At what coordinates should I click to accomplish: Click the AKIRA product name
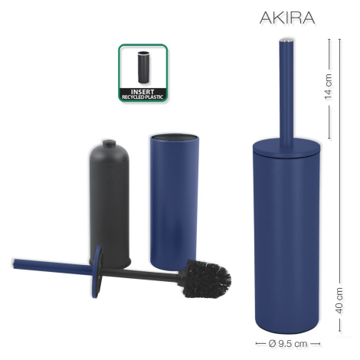pyautogui.click(x=287, y=18)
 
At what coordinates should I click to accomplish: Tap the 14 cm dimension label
pyautogui.click(x=329, y=87)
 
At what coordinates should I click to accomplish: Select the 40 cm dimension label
pyautogui.click(x=339, y=300)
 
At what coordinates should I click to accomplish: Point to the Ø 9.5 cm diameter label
pyautogui.click(x=288, y=343)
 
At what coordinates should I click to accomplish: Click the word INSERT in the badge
pyautogui.click(x=142, y=92)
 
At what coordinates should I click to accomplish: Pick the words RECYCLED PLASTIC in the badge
pyautogui.click(x=142, y=97)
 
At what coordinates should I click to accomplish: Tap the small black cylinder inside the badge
pyautogui.click(x=143, y=67)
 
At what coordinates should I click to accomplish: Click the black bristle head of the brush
pyautogui.click(x=206, y=279)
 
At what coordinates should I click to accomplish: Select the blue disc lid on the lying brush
pyautogui.click(x=97, y=271)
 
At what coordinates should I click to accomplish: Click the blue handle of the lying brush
pyautogui.click(x=52, y=266)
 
